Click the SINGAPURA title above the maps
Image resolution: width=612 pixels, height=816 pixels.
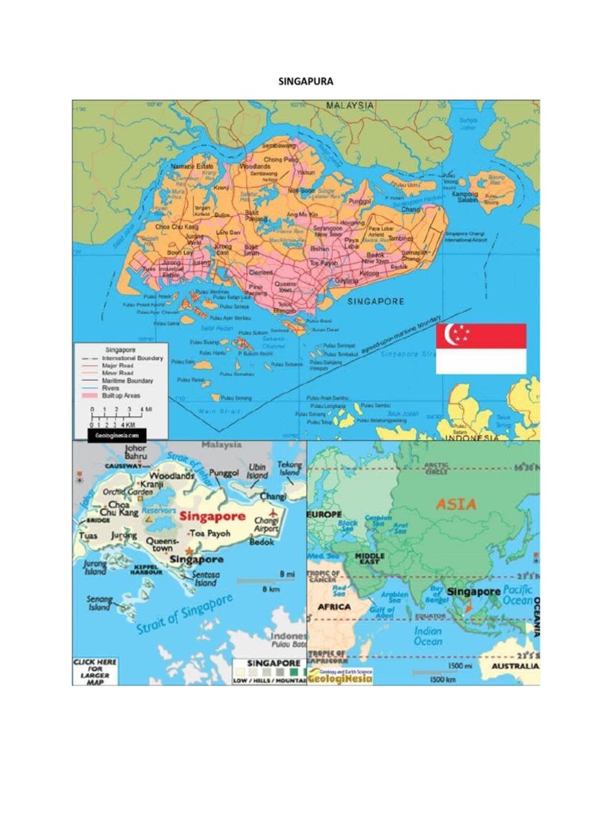coord(305,81)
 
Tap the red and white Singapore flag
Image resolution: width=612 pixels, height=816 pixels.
coord(481,348)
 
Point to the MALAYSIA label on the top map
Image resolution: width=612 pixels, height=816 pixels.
coord(348,105)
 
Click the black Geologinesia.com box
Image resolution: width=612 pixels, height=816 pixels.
coord(118,436)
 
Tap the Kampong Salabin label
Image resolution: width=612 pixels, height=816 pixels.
coord(466,196)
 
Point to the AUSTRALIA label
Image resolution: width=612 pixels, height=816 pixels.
coord(514,666)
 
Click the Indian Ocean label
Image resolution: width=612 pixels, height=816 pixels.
coord(428,636)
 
